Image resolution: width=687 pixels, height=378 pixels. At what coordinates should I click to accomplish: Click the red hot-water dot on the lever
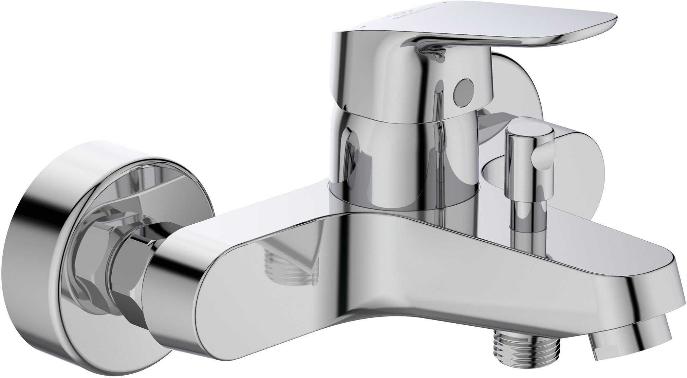(364, 26)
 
